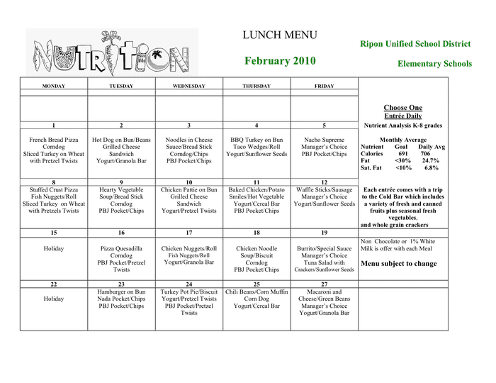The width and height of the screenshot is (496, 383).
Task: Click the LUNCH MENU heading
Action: coord(280,35)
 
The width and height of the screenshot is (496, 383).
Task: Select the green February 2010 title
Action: coord(277,61)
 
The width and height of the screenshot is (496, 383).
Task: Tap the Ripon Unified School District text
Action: coord(415,44)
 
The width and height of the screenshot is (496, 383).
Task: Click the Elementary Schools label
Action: coord(434,64)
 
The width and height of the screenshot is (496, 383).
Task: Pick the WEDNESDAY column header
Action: coord(189,87)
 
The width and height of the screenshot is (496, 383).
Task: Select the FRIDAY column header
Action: coord(324,87)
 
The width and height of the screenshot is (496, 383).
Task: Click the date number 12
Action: coord(324,182)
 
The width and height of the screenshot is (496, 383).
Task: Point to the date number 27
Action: coord(324,284)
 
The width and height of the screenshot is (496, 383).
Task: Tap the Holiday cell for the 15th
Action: coord(54,249)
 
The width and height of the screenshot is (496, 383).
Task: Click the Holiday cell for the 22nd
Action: coord(54,299)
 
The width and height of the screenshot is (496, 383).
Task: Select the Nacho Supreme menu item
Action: coord(324,140)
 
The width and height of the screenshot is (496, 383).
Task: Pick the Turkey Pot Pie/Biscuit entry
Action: coord(189,292)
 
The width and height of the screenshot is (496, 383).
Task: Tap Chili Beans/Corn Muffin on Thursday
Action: coord(257,292)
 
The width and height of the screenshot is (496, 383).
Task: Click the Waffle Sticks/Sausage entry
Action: coord(324,190)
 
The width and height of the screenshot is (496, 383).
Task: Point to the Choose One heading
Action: coord(402,108)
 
